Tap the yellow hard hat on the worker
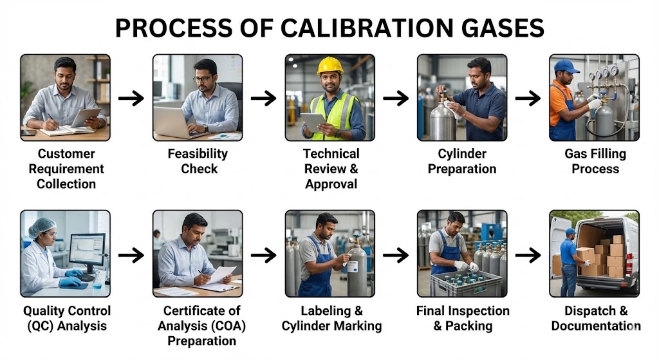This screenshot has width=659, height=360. [330, 66]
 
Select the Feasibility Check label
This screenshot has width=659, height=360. [198, 161]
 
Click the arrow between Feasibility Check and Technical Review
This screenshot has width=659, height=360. [263, 98]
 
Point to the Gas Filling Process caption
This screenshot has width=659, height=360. [595, 161]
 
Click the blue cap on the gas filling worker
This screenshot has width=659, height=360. [566, 66]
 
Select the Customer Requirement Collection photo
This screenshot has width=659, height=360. [65, 97]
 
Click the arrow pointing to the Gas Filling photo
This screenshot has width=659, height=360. [528, 98]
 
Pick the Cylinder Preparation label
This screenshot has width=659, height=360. [462, 161]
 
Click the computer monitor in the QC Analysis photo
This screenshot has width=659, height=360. [87, 248]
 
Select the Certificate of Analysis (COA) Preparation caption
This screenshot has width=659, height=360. [198, 326]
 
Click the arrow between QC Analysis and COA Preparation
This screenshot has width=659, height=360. [131, 255]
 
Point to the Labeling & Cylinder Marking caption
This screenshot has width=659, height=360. [329, 318]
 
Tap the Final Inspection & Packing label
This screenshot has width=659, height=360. [462, 318]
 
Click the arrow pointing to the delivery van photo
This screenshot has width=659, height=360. [528, 255]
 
